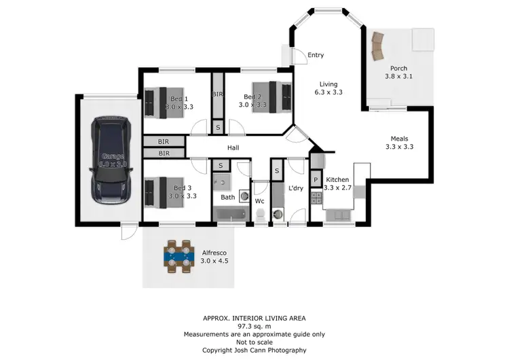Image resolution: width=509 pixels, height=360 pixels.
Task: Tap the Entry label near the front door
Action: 316,55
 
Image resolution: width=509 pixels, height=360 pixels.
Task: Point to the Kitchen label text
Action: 337,180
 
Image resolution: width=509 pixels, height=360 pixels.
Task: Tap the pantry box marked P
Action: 315,179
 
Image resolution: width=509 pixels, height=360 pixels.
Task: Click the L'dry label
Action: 295,187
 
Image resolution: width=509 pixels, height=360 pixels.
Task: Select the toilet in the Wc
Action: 260,215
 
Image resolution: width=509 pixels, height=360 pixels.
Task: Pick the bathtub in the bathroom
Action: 231,215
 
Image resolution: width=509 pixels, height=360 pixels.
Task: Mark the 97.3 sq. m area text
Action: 254,326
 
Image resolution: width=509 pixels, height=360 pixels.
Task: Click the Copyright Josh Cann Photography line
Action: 254,350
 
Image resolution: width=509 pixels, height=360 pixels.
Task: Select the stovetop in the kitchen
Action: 316,198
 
